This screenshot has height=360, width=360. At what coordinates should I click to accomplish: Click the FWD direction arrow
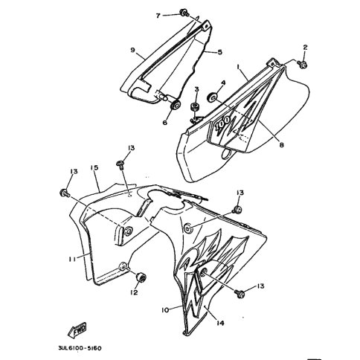point(77,330)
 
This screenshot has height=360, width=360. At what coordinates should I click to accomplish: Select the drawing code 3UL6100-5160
point(80,348)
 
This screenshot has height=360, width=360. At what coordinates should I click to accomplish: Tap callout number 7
point(158,16)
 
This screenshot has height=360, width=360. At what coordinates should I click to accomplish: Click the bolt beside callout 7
point(184,13)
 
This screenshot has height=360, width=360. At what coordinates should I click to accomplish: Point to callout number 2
point(305,47)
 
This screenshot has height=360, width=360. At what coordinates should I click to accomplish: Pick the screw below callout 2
point(302,65)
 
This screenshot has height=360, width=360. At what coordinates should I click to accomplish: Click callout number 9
point(132,51)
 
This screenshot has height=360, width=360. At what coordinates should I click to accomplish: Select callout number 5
point(219,52)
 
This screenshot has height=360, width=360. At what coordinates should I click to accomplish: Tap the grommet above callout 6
point(176,104)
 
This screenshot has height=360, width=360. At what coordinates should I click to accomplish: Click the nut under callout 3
point(196,107)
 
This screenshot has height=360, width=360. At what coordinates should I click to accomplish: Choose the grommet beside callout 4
point(212,97)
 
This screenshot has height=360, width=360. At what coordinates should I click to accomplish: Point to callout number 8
point(281,145)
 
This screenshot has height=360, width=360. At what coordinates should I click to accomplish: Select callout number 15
point(94,168)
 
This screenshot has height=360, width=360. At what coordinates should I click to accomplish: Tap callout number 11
point(72,260)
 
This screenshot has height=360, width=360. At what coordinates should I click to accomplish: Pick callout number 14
point(220,323)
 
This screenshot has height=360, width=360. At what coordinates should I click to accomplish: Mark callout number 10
point(165,310)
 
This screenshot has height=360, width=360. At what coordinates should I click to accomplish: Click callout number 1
point(238,67)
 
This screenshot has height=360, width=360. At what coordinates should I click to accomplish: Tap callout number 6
point(165,123)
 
